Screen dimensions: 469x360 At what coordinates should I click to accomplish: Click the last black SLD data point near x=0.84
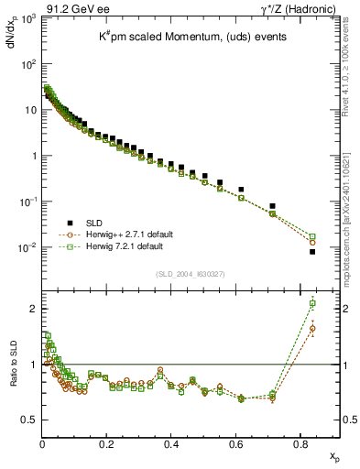[312, 252]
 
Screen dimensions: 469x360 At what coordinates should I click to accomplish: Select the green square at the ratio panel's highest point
[312, 303]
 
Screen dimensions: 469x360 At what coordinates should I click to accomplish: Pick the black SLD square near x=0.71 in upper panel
[273, 206]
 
